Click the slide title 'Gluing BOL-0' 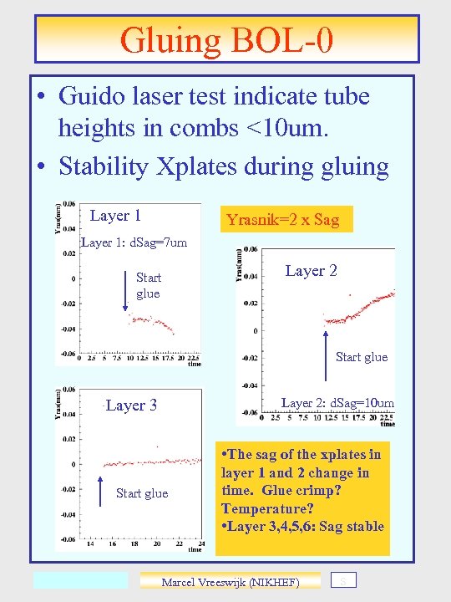[x=226, y=40]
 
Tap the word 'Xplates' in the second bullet [x=201, y=166]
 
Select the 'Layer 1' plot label [x=115, y=216]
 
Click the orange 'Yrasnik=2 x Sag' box [x=283, y=220]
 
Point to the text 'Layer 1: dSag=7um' [x=134, y=243]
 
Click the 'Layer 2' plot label [x=311, y=270]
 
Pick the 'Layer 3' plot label [x=131, y=406]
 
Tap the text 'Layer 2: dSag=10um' [x=337, y=403]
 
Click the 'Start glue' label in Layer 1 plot [x=148, y=285]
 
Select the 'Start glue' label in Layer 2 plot [x=361, y=357]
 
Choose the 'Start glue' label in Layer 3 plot [x=141, y=493]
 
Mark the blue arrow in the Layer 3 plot [x=101, y=491]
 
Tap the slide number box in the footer [x=342, y=579]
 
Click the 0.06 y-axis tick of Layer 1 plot [x=68, y=203]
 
